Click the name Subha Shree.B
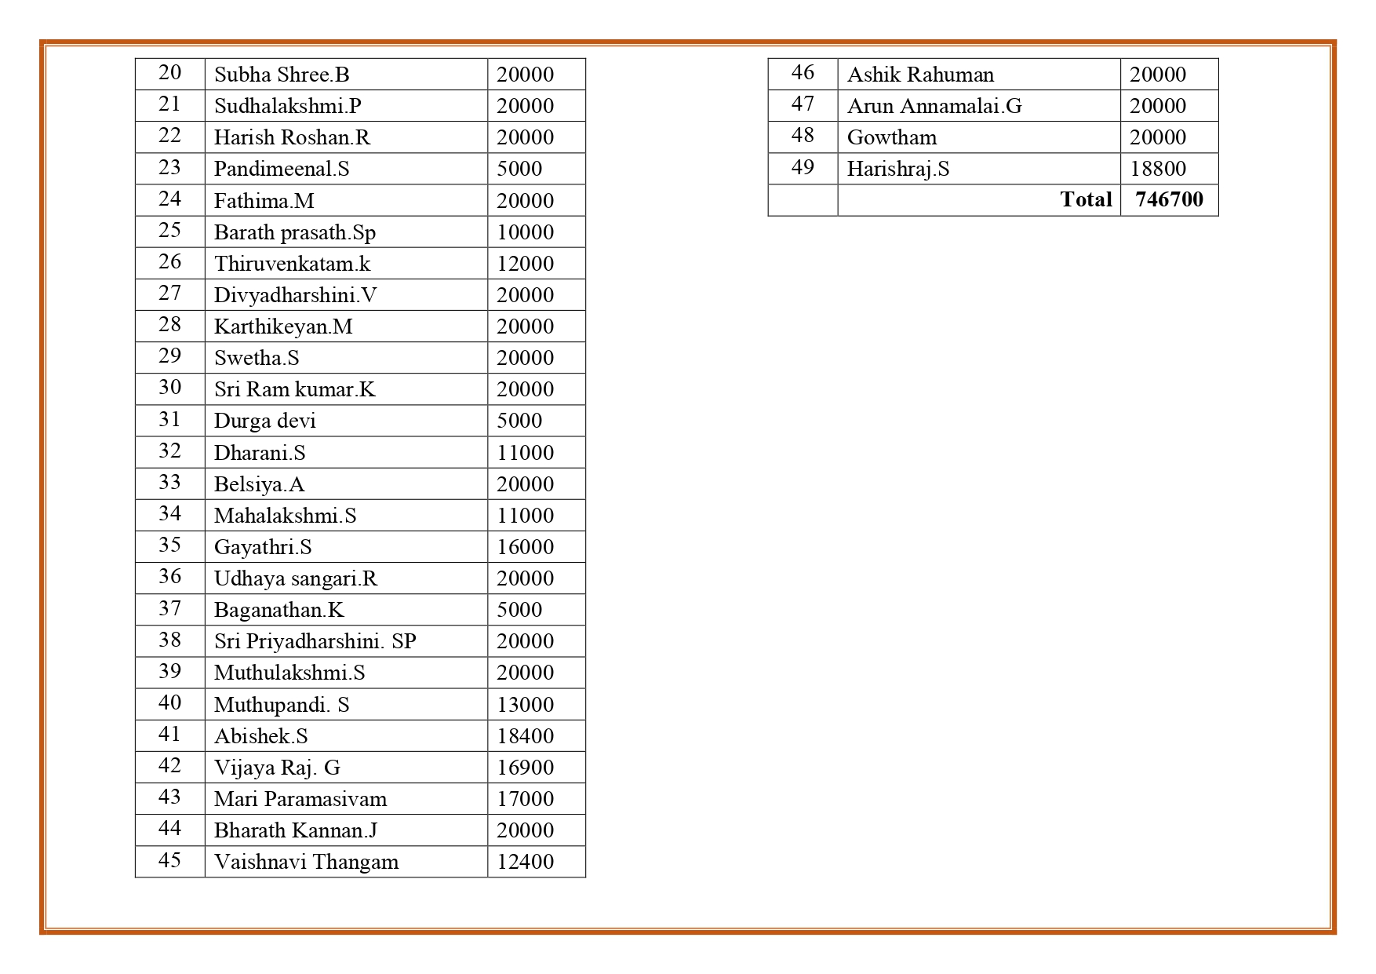282,75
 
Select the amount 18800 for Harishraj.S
1157,169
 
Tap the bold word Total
1086,199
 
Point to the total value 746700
1169,199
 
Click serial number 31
169,420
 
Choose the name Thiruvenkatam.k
292,264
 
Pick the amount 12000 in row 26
525,264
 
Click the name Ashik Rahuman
920,75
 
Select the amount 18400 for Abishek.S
525,736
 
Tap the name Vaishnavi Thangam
306,862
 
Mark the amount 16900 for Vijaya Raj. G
525,768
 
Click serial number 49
803,168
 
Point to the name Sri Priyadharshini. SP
315,641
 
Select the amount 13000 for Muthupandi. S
525,705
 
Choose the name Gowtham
892,137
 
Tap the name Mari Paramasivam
300,799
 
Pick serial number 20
169,73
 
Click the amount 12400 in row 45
525,862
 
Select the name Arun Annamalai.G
934,106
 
